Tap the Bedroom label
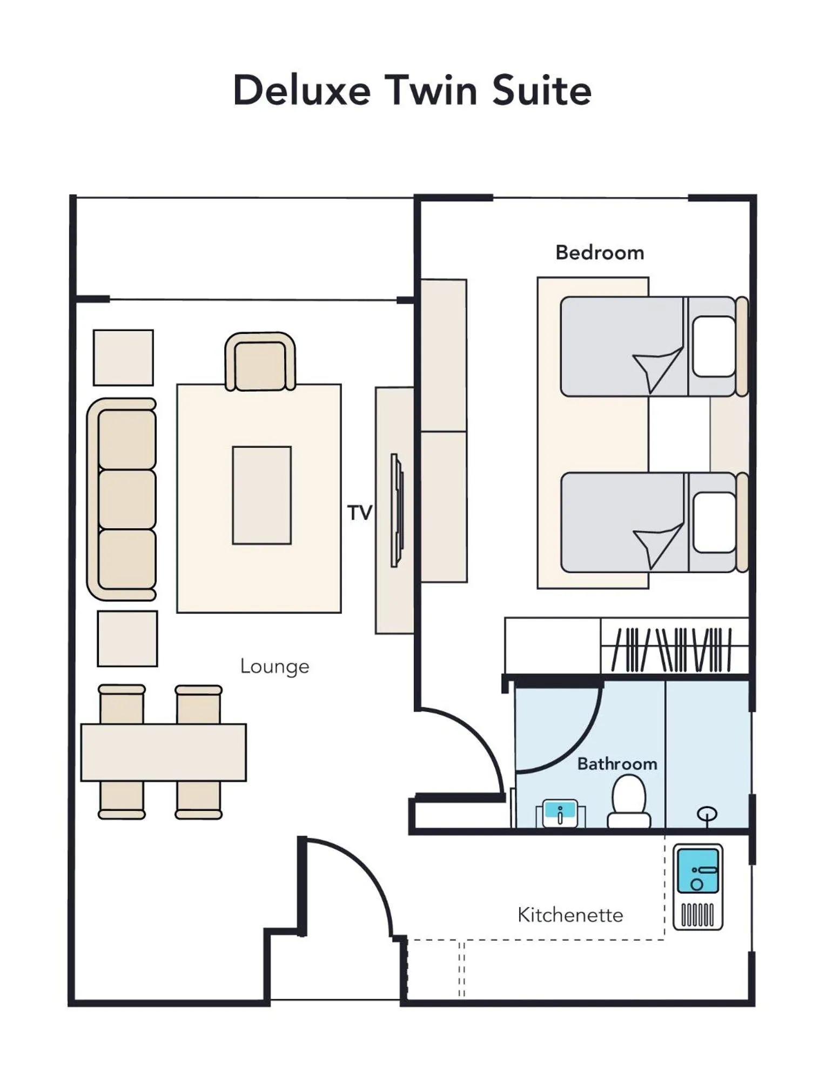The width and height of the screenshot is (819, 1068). [599, 253]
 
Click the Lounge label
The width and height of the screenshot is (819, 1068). [274, 666]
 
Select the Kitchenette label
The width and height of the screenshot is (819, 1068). [570, 915]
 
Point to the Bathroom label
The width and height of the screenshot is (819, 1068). [616, 764]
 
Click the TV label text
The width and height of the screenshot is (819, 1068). [359, 513]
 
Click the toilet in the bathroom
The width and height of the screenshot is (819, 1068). [629, 802]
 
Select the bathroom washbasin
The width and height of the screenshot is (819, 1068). [560, 812]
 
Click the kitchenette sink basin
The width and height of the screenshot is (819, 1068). [697, 871]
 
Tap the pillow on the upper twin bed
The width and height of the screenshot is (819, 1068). [714, 347]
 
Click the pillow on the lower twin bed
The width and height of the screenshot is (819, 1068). [714, 522]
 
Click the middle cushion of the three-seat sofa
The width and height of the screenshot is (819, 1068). [127, 499]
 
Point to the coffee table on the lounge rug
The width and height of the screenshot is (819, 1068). [261, 495]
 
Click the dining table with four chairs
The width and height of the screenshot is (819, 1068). [163, 752]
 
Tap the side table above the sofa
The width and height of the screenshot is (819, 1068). [123, 358]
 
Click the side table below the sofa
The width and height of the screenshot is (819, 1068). [127, 639]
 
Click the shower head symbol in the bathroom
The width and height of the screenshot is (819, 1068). [707, 814]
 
